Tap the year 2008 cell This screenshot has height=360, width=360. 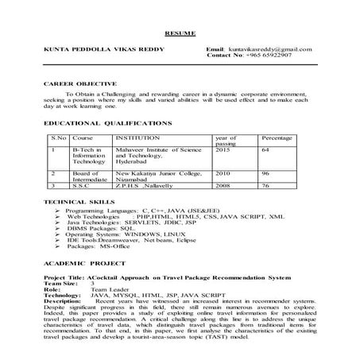[223, 184]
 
